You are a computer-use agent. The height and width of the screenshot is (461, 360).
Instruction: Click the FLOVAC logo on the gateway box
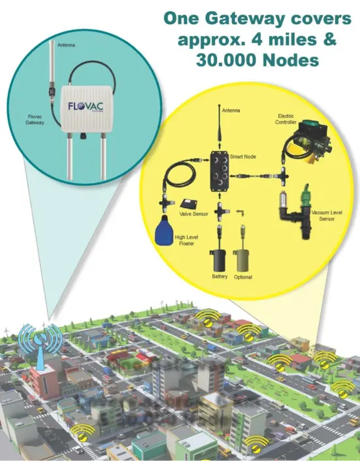[x=86, y=107]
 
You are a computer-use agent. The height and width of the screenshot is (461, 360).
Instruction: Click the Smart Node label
[x=243, y=157]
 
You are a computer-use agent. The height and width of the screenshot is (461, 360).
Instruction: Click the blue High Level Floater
[x=164, y=230]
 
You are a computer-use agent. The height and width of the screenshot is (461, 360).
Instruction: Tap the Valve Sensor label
[x=193, y=214]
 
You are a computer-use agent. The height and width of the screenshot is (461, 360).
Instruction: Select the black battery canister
[x=218, y=260]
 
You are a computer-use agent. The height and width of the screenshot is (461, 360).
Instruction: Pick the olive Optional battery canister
[x=242, y=260]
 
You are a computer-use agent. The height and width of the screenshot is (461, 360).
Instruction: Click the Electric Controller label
[x=286, y=119]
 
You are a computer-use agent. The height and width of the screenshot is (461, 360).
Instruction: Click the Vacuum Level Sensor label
[x=327, y=216]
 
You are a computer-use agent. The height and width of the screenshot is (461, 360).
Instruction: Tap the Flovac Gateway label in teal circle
[x=35, y=120]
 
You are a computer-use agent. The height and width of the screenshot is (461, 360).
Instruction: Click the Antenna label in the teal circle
[x=66, y=45]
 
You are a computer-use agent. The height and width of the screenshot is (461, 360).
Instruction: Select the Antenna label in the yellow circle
[x=231, y=111]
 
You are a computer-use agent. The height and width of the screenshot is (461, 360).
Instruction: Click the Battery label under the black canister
[x=220, y=277]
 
